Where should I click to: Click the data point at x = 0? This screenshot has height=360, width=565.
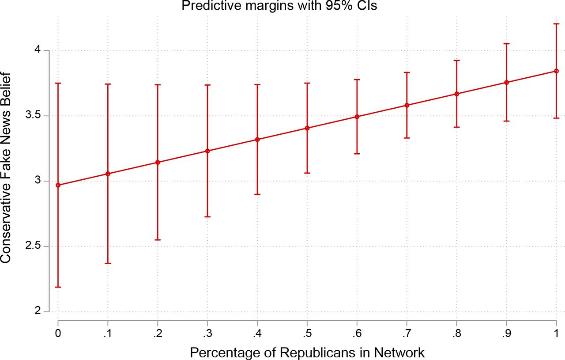pyautogui.click(x=58, y=185)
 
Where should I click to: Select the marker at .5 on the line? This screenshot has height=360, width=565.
pyautogui.click(x=307, y=128)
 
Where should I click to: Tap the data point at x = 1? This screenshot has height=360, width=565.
pyautogui.click(x=556, y=71)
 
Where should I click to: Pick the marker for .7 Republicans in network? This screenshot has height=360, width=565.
pyautogui.click(x=407, y=105)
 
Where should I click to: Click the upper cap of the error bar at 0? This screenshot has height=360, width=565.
pyautogui.click(x=58, y=83)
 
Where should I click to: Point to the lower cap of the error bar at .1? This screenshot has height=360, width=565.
pyautogui.click(x=108, y=263)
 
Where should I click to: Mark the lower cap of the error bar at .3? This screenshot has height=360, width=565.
pyautogui.click(x=207, y=217)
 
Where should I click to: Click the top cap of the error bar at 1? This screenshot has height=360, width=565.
pyautogui.click(x=556, y=24)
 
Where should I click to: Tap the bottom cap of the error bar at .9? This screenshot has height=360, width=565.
pyautogui.click(x=506, y=121)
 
